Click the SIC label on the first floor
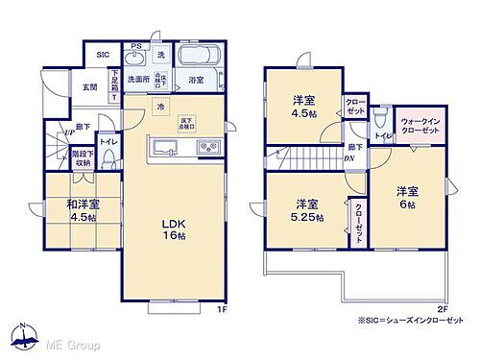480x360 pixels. coord(102,56)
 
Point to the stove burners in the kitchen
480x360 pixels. coord(207,147)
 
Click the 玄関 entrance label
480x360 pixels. coord(90,87)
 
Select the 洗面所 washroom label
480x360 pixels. coord(136,80)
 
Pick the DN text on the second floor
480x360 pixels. coord(348,159)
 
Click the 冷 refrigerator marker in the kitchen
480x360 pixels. coord(160,106)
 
